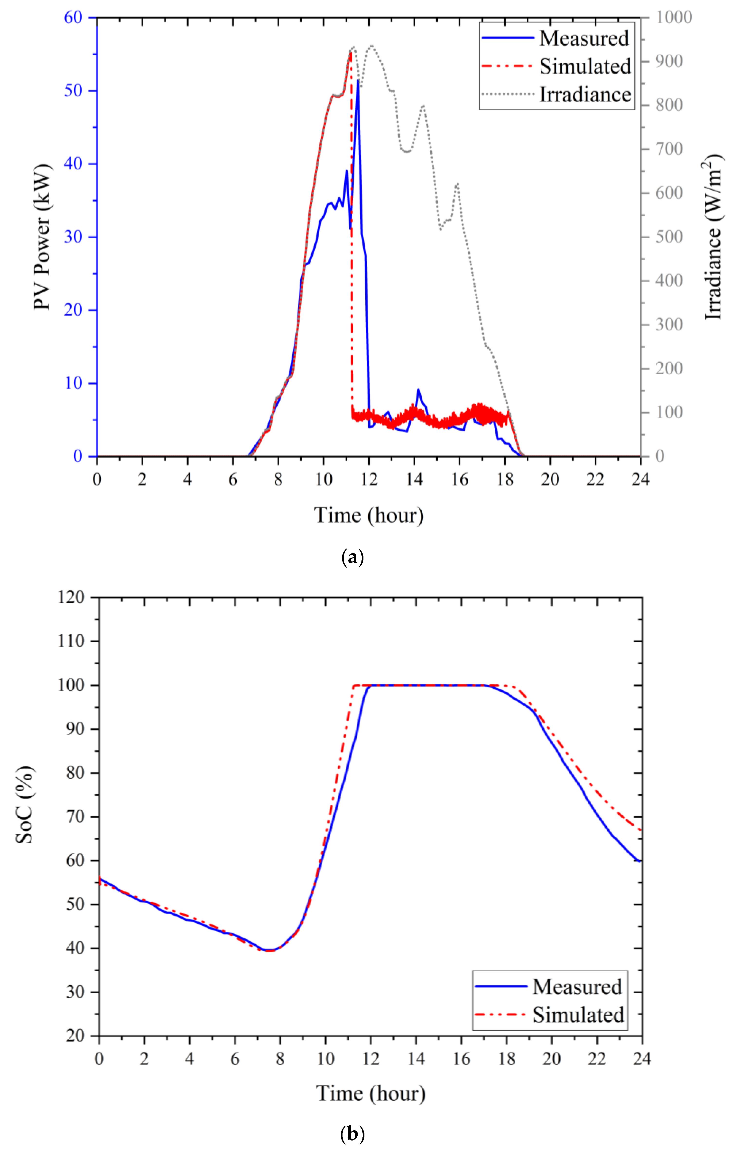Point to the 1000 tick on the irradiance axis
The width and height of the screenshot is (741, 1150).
pos(674,17)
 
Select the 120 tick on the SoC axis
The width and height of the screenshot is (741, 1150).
pos(71,597)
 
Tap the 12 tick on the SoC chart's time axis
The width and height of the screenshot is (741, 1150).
pos(370,1059)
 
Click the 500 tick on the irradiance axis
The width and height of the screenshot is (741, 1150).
pos(669,237)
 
